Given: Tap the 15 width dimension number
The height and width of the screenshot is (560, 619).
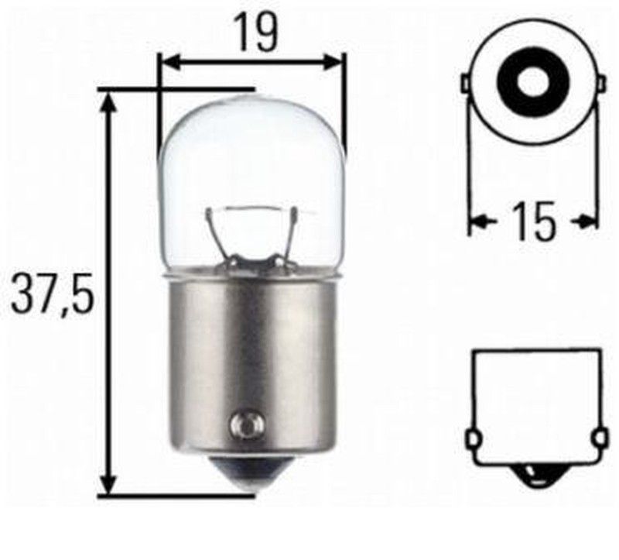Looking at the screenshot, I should (x=534, y=222).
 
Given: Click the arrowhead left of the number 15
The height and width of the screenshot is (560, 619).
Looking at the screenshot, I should (x=480, y=222).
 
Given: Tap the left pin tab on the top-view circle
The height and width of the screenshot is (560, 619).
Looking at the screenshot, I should (x=465, y=82).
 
